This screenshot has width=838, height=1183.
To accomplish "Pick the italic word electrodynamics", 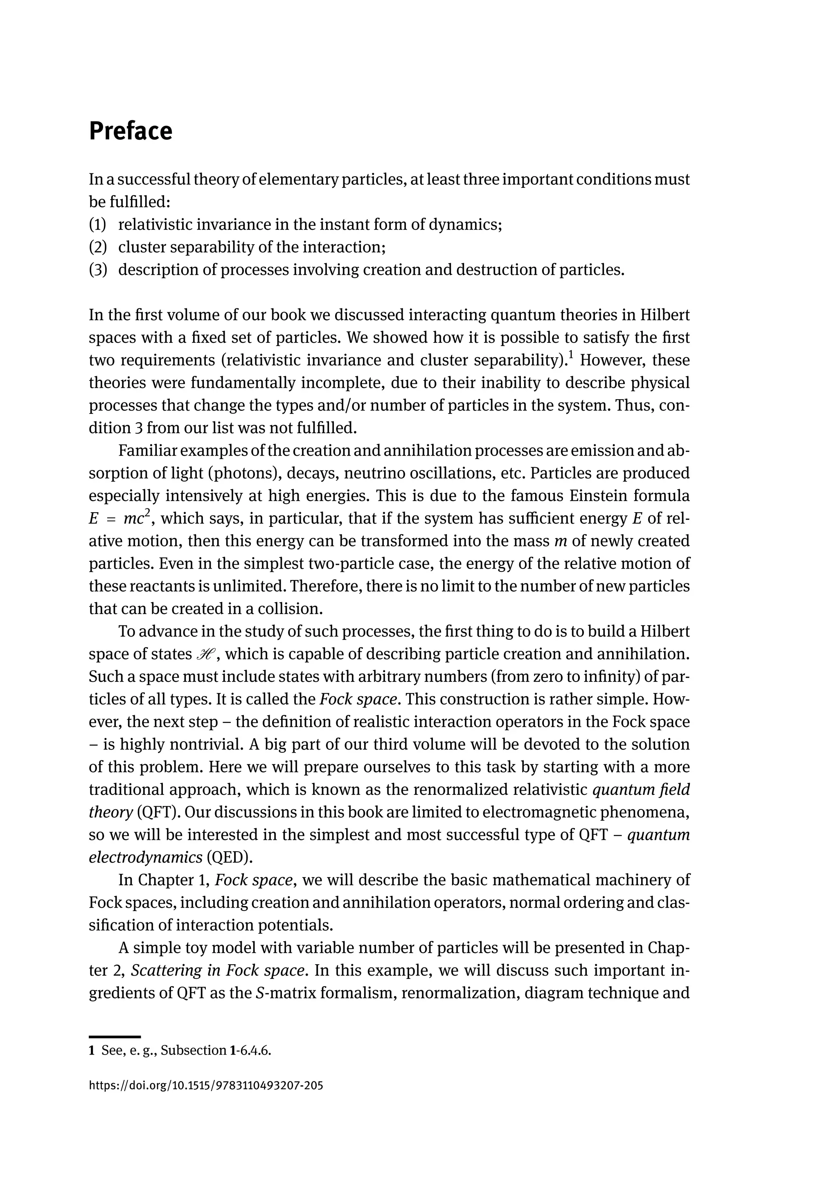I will [146, 857].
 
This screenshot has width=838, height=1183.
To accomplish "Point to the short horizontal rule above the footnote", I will [115, 1037].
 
